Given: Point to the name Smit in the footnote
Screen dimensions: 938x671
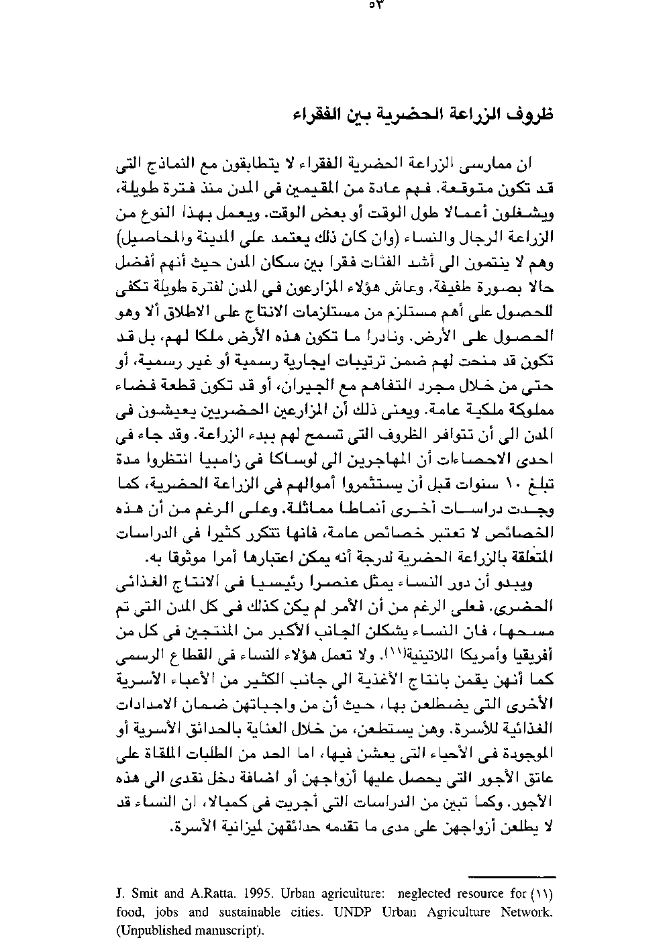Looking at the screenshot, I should (x=146, y=894).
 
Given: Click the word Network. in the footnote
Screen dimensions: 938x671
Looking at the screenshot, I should (x=527, y=913).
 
